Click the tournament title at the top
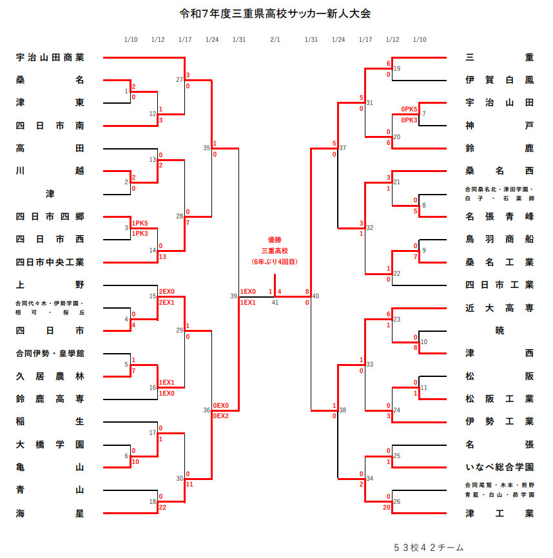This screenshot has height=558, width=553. pos(275,14)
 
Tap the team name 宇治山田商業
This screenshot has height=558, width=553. pos(50,57)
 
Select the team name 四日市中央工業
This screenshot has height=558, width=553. pos(50,262)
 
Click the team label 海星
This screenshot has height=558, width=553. pos(50,513)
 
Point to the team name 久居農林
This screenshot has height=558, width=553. pos(50,376)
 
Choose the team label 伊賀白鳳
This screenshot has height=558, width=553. pos(499,80)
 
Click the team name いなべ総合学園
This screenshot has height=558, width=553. pos(499,467)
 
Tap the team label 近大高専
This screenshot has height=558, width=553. pos(499,308)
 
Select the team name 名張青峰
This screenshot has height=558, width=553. pos(499,216)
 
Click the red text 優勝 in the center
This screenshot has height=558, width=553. pos(275,238)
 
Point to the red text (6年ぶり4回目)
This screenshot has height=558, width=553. pos(275,262)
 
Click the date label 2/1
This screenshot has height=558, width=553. pos(275,40)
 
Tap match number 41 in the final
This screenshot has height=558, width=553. pos(275,302)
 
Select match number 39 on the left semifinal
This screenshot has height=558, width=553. pos(234,296)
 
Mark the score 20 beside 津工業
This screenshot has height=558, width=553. pos(386,507)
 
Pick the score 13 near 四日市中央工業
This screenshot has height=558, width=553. pos(163,256)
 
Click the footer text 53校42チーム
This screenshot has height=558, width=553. pos(428,547)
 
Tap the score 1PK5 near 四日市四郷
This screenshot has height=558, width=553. pos(140,223)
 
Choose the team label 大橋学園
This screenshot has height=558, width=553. pos(50,445)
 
